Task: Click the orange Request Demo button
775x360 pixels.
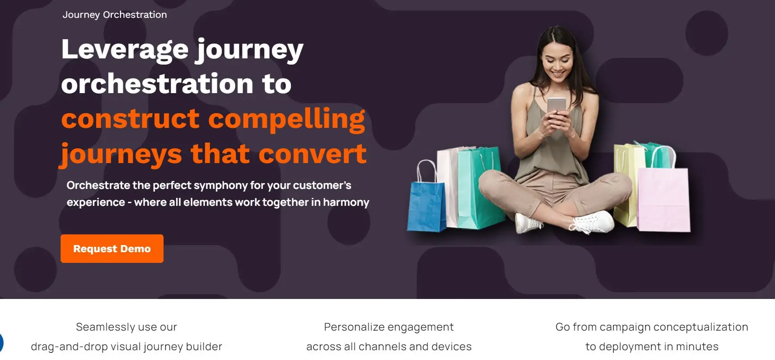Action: (x=112, y=249)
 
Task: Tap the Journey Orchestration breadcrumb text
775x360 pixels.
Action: (x=115, y=15)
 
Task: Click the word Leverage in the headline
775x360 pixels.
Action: (x=125, y=50)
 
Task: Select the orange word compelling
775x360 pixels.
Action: (x=287, y=120)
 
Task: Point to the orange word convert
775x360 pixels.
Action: (x=312, y=154)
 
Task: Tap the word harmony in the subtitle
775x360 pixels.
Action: (x=346, y=203)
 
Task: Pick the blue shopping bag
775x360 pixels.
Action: (x=426, y=204)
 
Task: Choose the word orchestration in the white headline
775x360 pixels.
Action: (x=157, y=84)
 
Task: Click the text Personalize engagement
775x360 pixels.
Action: (x=389, y=327)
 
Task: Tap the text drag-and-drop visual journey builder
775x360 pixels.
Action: (x=127, y=347)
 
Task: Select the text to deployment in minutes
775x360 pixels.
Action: (x=652, y=347)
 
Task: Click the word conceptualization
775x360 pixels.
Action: (x=700, y=327)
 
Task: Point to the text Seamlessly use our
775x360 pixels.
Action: (x=127, y=327)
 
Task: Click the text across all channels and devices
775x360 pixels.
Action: (x=389, y=347)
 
